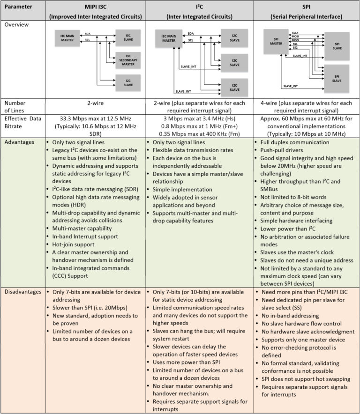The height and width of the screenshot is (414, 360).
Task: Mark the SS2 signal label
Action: pyautogui.click(x=295, y=48)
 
